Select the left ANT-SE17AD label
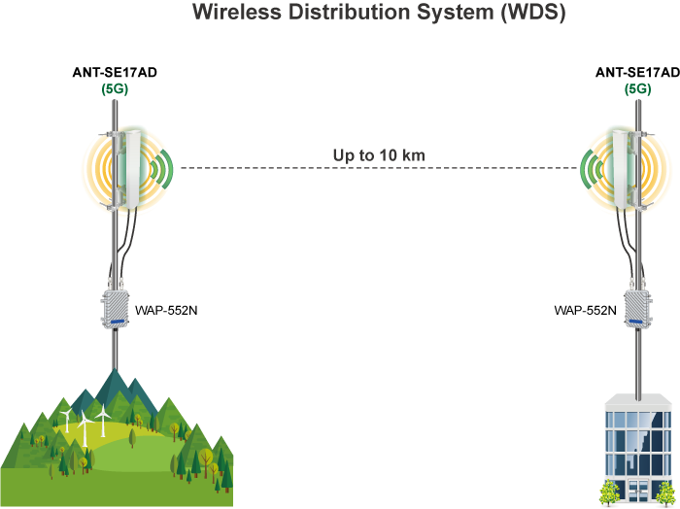click(x=115, y=73)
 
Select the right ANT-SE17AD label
click(x=637, y=73)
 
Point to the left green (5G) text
click(x=115, y=88)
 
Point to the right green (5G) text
click(x=637, y=88)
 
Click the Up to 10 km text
click(x=378, y=155)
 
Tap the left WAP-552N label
click(x=166, y=311)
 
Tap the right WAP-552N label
click(x=585, y=311)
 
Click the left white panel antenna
click(x=128, y=170)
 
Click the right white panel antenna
click(x=622, y=170)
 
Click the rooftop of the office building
click(x=636, y=400)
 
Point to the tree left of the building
click(x=610, y=491)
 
